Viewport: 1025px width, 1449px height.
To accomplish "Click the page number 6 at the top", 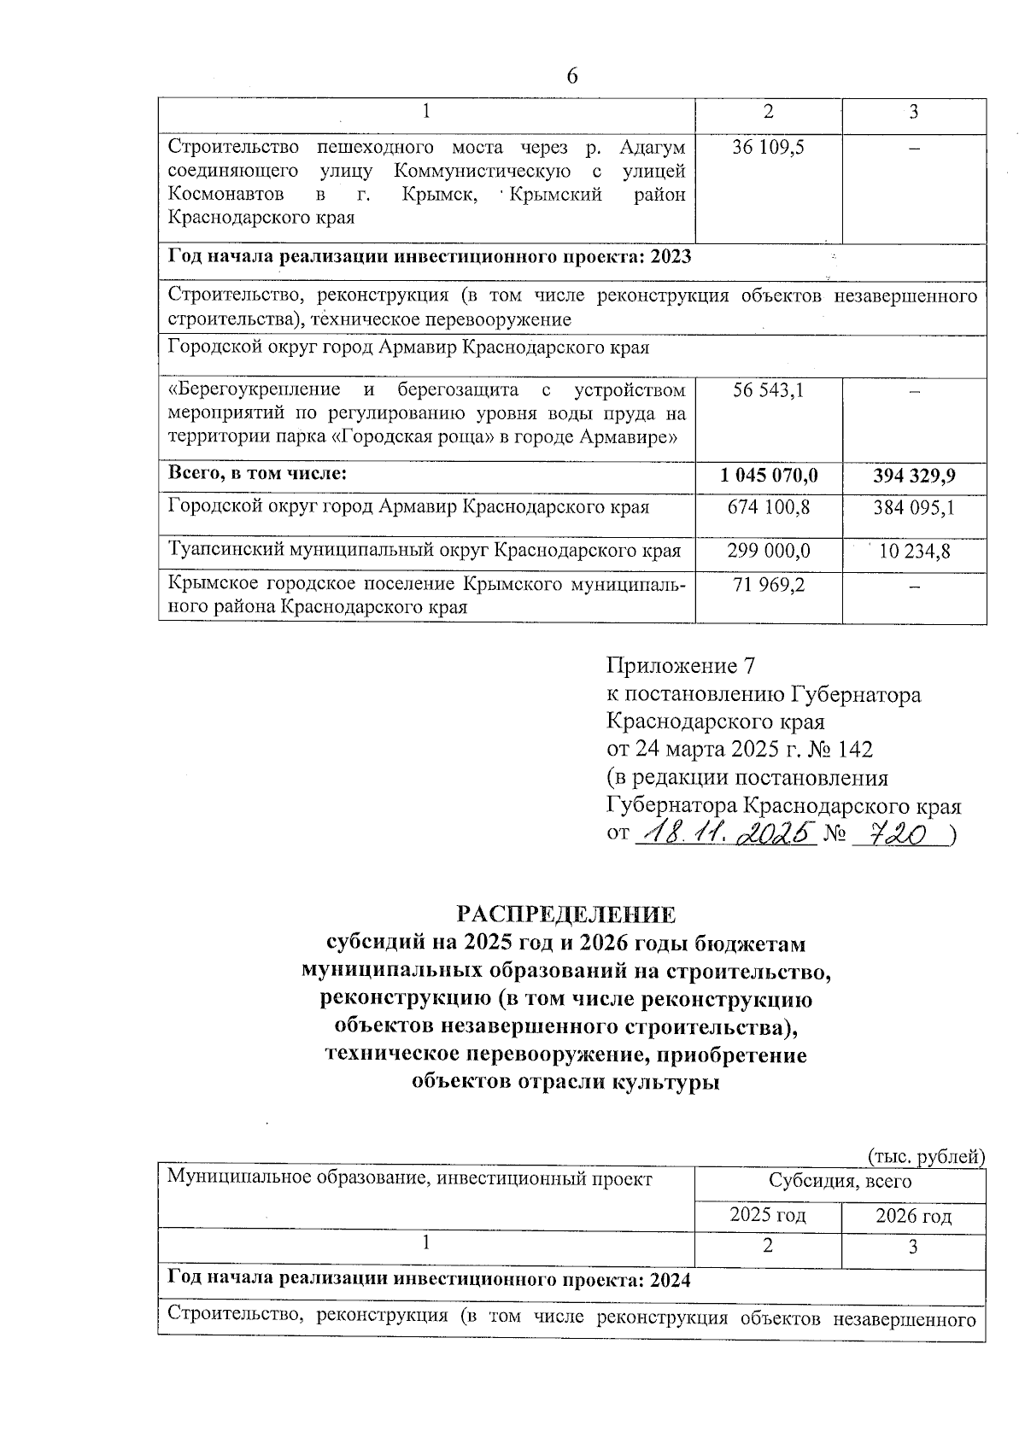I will tap(572, 77).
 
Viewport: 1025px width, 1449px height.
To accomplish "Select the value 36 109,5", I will tap(768, 147).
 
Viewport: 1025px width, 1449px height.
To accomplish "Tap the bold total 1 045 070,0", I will tap(768, 474).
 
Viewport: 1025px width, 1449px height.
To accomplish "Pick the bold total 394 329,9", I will tap(914, 474).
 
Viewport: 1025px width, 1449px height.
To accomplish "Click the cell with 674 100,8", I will tap(768, 507).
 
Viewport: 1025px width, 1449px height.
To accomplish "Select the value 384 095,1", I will tap(914, 507).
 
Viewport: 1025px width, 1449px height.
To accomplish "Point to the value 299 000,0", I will tap(768, 552).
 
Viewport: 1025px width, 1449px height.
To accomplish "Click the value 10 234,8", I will tap(914, 552).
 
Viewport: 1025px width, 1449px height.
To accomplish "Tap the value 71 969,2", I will tap(768, 585).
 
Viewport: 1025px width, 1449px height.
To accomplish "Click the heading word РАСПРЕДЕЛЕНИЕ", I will tap(566, 914).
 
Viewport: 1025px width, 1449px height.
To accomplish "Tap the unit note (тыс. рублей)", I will tap(927, 1157).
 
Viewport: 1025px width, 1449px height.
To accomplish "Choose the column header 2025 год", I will tap(768, 1214).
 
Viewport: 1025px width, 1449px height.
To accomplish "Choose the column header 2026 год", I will tap(913, 1216).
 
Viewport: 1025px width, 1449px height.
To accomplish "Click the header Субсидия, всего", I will tap(840, 1182).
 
